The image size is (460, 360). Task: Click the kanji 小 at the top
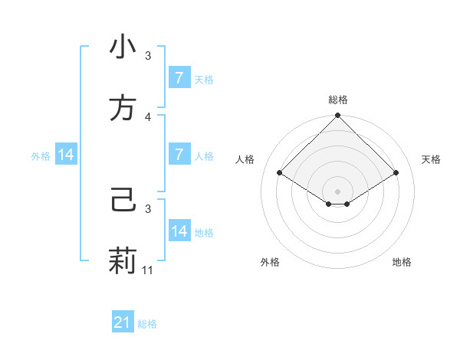[x=123, y=47]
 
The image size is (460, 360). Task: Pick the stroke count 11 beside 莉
[x=149, y=270]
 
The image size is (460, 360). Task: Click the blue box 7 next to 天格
[x=179, y=78]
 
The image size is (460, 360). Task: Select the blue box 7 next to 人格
[x=179, y=155]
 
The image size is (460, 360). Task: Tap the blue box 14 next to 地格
[x=179, y=231]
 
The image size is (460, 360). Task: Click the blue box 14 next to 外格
[x=66, y=155]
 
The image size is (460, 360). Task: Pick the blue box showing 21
[x=123, y=323]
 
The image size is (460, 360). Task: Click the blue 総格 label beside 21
[x=147, y=324]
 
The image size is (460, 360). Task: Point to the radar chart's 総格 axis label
[x=338, y=100]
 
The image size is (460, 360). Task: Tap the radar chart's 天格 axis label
[x=432, y=159]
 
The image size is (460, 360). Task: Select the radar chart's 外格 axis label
[x=270, y=262]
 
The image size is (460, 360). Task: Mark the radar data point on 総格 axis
[x=338, y=116]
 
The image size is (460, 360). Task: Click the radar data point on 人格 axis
[x=280, y=172]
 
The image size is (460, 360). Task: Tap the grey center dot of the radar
[x=338, y=191]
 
